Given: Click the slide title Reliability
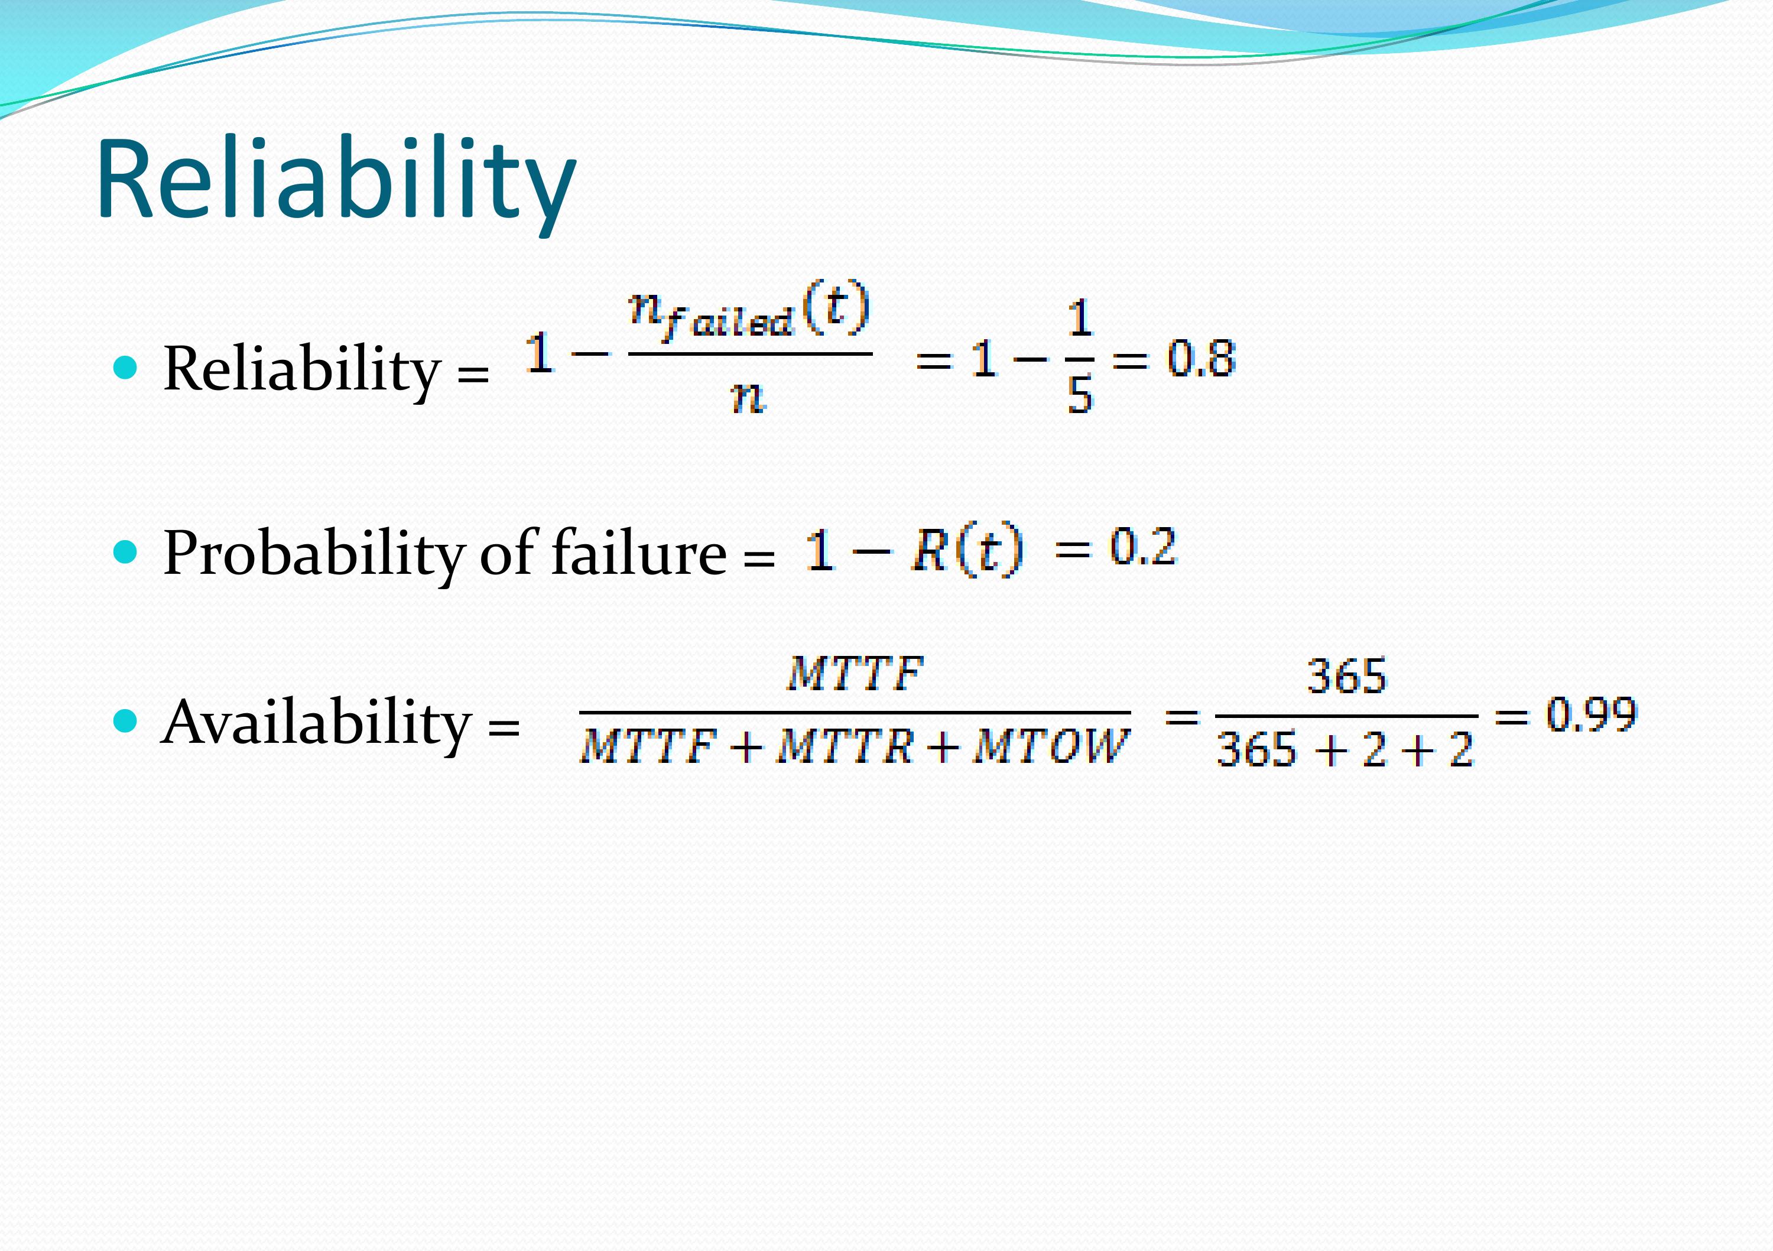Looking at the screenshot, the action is [x=336, y=182].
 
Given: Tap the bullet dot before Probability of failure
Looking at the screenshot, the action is [x=125, y=552].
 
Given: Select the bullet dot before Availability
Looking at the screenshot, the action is [x=125, y=722].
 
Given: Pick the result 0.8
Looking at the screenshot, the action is [x=1201, y=358].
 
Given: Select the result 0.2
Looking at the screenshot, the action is [x=1143, y=547].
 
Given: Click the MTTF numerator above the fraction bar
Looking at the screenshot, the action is [x=855, y=674].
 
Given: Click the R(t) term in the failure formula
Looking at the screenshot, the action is [x=967, y=550].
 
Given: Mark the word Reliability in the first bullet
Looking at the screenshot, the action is [x=301, y=370].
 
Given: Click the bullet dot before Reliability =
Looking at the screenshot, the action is [x=125, y=368].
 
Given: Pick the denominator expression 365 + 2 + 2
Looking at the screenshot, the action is [x=1345, y=749].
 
